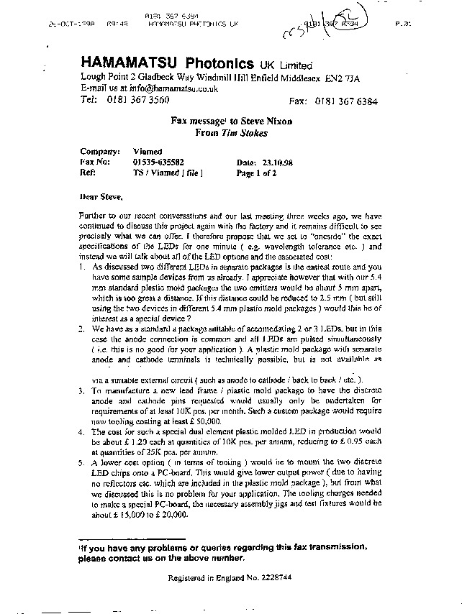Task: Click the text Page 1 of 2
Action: click(x=256, y=173)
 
